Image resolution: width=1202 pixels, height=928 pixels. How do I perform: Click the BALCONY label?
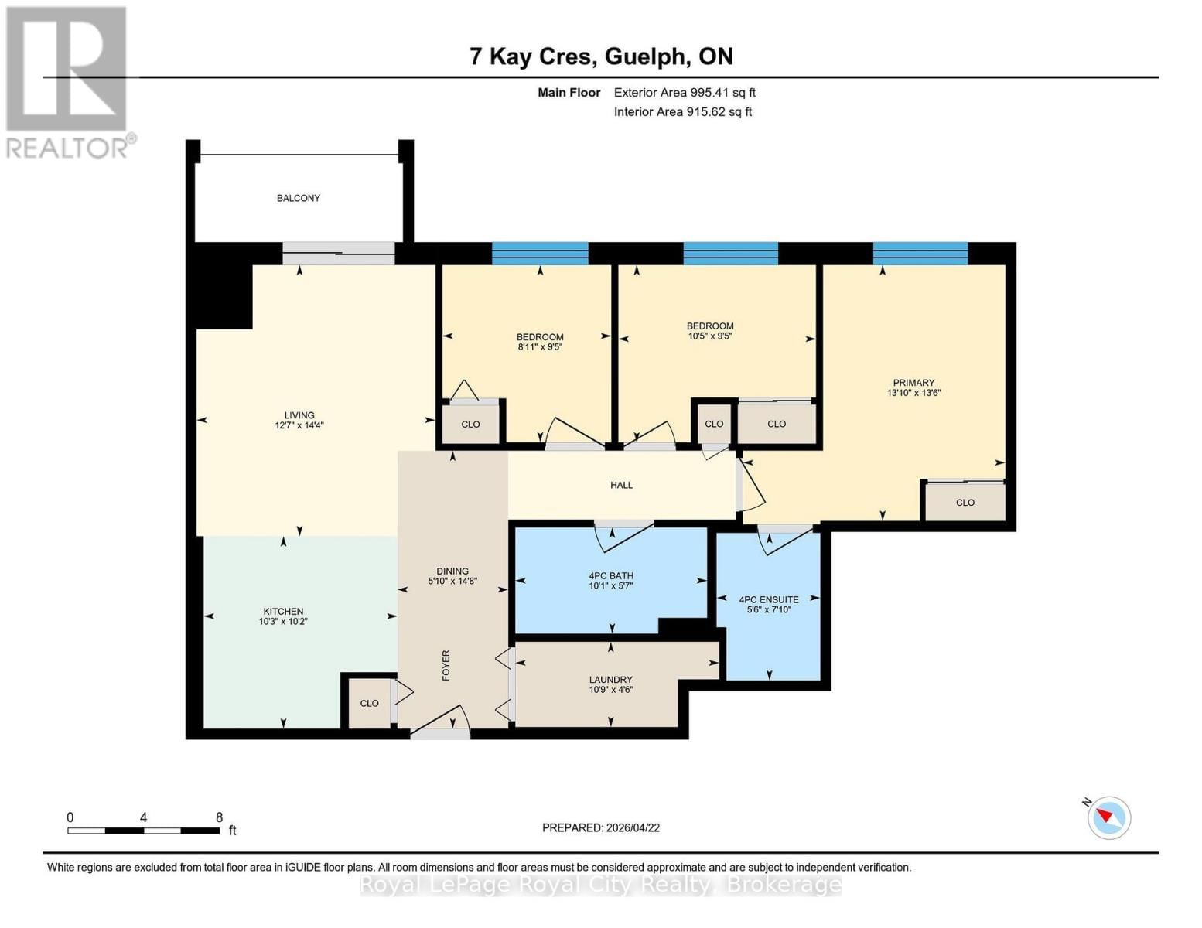pos(299,198)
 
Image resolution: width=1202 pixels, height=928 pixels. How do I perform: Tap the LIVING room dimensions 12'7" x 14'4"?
pos(299,425)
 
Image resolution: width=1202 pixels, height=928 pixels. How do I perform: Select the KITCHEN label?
pos(283,611)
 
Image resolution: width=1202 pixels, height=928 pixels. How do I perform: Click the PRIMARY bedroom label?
pos(913,383)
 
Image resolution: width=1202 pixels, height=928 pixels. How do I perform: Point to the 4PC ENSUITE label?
pos(769,599)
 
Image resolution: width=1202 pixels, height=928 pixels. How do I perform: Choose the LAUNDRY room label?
pos(610,680)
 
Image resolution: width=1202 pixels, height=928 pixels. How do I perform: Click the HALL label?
pos(621,485)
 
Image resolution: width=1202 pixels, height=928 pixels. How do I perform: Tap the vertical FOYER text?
pos(446,665)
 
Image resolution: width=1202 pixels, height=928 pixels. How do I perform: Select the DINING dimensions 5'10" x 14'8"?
pos(452,581)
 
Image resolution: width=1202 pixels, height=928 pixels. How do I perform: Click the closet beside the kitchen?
pos(369,703)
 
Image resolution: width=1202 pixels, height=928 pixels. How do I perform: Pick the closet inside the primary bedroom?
pos(965,503)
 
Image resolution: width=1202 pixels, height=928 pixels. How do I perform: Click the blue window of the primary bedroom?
pos(920,254)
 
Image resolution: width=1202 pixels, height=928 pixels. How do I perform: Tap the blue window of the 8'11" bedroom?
pos(540,254)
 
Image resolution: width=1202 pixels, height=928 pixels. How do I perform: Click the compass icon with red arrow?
pos(1109,817)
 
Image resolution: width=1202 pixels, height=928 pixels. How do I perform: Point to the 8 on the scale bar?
pos(219,817)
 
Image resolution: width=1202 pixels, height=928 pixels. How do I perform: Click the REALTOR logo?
pos(68,81)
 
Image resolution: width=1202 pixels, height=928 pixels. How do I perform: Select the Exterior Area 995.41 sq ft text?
pos(685,92)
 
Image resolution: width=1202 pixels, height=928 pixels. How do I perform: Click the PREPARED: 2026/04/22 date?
pos(601,827)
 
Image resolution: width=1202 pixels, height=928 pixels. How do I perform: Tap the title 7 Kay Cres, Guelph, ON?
pos(601,56)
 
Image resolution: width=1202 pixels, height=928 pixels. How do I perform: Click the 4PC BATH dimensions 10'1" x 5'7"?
pos(611,586)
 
